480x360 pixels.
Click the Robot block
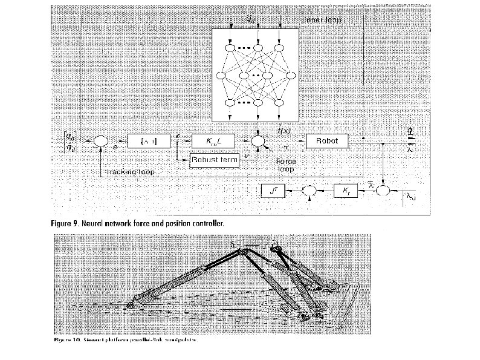[327, 141]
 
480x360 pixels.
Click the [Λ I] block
[145, 141]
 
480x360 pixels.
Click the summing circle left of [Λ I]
[100, 142]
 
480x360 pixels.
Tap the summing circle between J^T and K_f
[310, 191]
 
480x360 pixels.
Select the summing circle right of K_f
[384, 191]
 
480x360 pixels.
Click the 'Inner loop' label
[321, 21]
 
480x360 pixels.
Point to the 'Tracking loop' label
[131, 172]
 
